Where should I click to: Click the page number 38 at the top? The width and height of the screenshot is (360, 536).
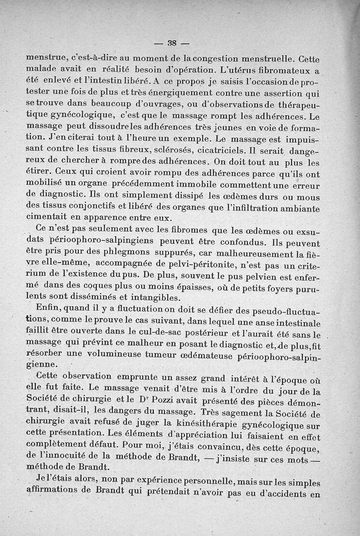pyautogui.click(x=171, y=43)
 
